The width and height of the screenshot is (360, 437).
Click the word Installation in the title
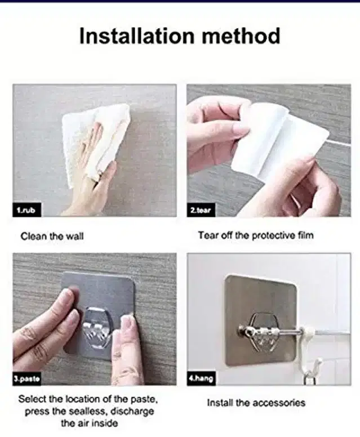[x=137, y=36]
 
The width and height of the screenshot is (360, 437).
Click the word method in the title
[x=241, y=36]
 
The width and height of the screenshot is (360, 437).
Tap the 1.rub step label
[x=26, y=210]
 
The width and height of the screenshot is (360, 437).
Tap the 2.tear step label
[x=201, y=210]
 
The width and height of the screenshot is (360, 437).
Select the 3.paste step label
[x=26, y=379]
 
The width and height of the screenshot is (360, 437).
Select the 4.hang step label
[x=201, y=378]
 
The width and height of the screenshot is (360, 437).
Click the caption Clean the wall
[x=52, y=237]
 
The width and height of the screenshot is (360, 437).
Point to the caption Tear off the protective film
[x=256, y=235]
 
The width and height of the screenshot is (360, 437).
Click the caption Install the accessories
[x=256, y=403]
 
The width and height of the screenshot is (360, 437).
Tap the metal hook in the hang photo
[x=261, y=332]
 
